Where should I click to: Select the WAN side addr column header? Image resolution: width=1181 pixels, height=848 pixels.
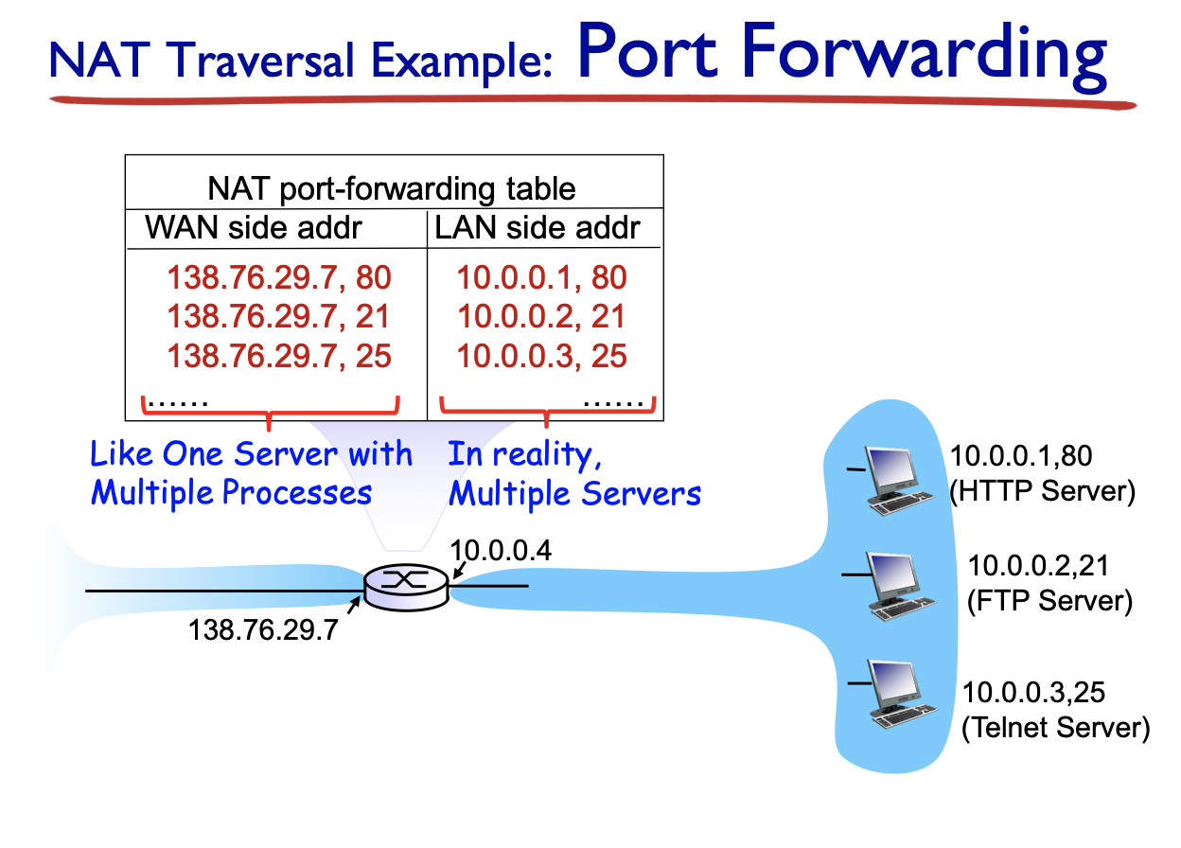point(254,227)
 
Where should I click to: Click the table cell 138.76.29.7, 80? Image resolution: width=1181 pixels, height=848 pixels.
point(279,277)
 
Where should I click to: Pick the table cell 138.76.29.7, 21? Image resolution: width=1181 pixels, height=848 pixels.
point(279,316)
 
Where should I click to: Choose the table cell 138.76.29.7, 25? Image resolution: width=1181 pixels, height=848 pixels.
point(279,356)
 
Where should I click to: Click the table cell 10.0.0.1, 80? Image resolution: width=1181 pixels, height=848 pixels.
point(542,277)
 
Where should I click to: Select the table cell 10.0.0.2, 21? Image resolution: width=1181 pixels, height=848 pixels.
point(542,316)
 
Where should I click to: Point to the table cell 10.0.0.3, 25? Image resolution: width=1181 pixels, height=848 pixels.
point(542,356)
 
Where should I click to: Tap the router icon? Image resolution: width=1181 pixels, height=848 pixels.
point(407,589)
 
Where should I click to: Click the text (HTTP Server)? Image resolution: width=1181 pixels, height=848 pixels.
point(1042,493)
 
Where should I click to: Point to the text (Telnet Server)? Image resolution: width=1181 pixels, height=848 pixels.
point(1055,728)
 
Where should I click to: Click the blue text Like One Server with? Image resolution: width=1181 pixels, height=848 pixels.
point(251,455)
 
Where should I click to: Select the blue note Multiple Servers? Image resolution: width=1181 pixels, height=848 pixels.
point(574,493)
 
